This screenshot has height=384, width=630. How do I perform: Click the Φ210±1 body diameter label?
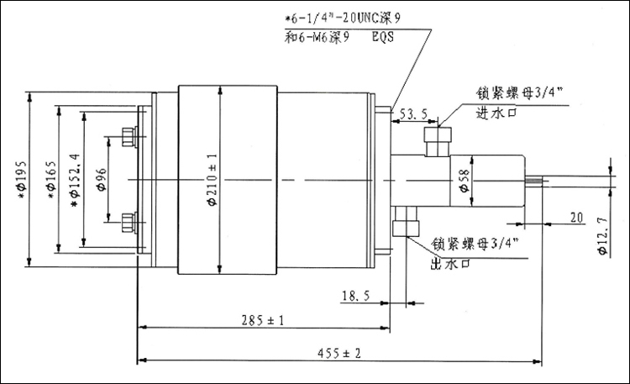(x=211, y=178)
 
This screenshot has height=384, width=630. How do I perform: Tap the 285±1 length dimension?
(x=262, y=320)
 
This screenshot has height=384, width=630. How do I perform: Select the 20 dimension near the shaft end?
(x=575, y=217)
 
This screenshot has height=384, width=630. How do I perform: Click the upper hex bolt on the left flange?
(x=129, y=136)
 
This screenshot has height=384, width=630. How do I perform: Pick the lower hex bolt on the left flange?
(x=129, y=222)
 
